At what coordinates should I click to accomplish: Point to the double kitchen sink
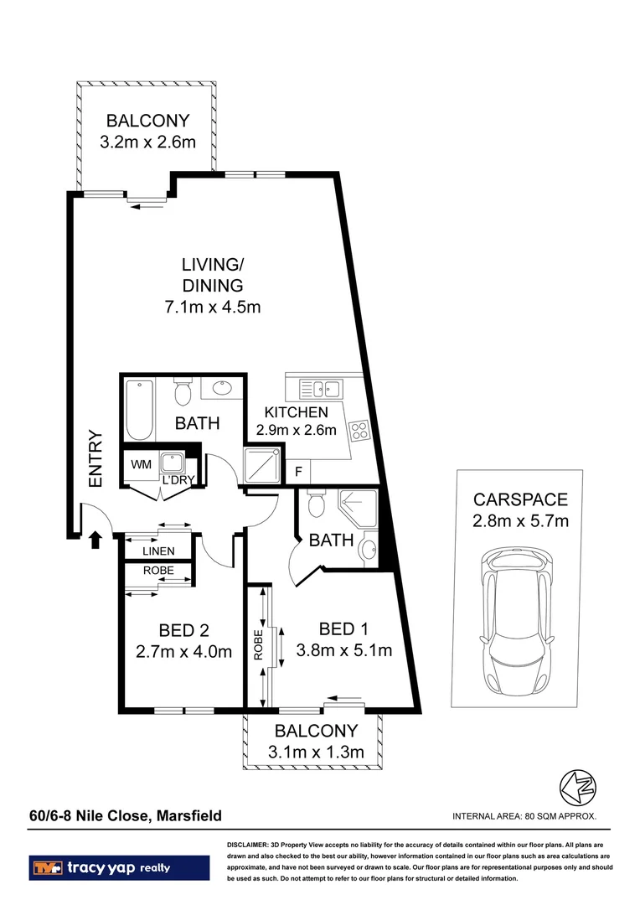point(319,388)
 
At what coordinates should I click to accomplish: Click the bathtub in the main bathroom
point(138,411)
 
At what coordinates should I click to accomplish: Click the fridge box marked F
point(297,472)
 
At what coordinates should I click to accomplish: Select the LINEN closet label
point(157,551)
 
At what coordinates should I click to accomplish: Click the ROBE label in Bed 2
point(157,571)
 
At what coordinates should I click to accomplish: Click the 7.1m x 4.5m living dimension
point(213,307)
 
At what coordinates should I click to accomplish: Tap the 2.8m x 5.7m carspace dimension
point(521,521)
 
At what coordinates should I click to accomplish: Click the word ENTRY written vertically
point(95,459)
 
